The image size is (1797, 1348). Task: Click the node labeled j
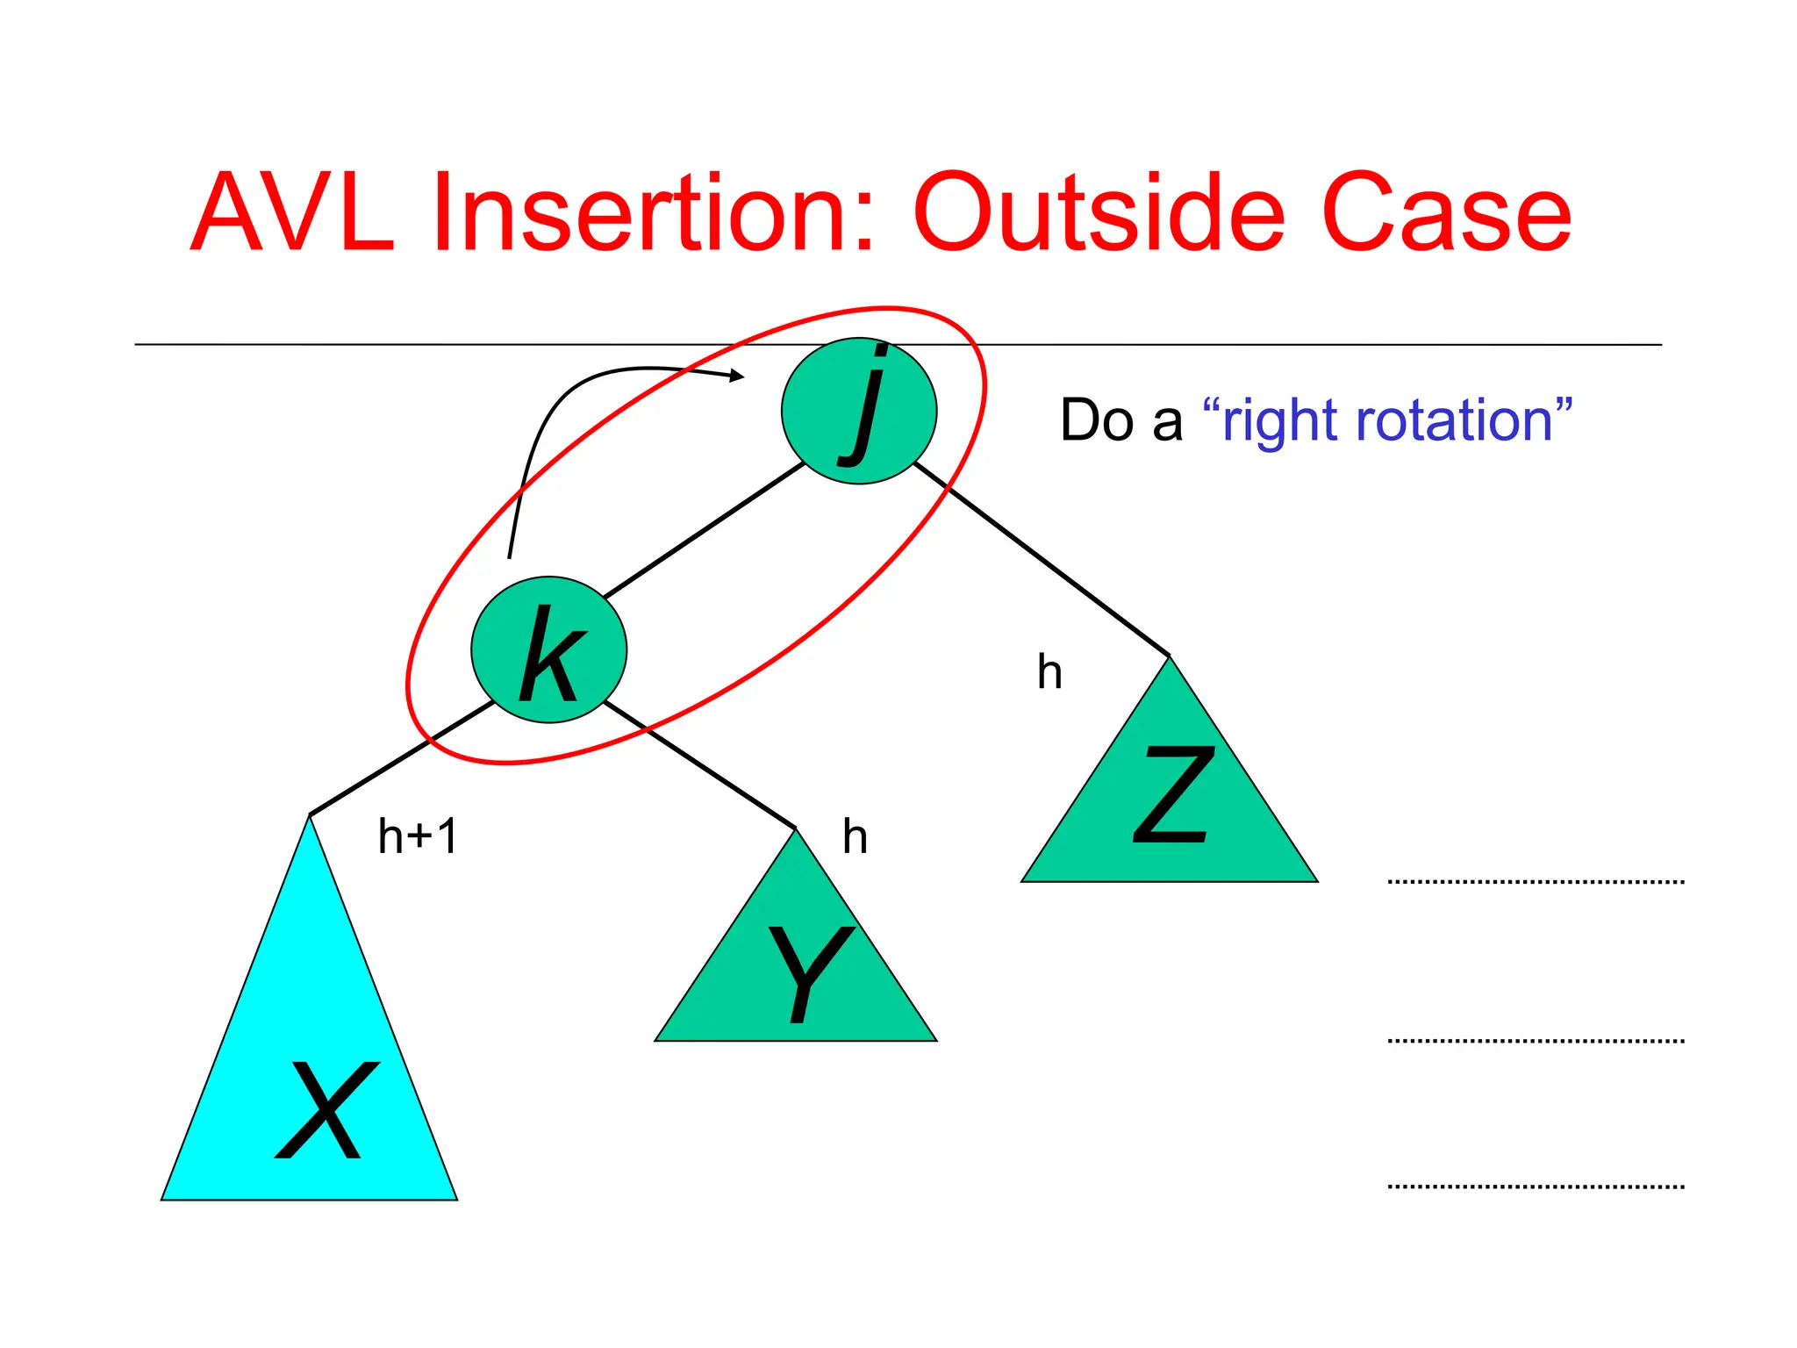click(859, 411)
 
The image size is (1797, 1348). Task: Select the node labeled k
click(549, 650)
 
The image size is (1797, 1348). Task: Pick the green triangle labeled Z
click(1170, 807)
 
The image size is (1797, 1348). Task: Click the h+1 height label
click(418, 836)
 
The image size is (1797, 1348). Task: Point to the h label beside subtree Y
click(855, 837)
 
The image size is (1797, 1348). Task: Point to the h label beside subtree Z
click(1049, 672)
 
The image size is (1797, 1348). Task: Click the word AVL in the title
click(292, 213)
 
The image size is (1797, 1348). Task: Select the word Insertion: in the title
click(654, 213)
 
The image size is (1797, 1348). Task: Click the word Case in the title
click(1446, 213)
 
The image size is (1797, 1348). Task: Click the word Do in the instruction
click(1097, 421)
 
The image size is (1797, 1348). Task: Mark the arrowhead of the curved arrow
click(738, 376)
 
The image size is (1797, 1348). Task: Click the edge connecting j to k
click(705, 530)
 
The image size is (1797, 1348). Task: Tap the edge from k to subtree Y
click(702, 765)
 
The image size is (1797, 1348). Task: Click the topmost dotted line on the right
click(1536, 881)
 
